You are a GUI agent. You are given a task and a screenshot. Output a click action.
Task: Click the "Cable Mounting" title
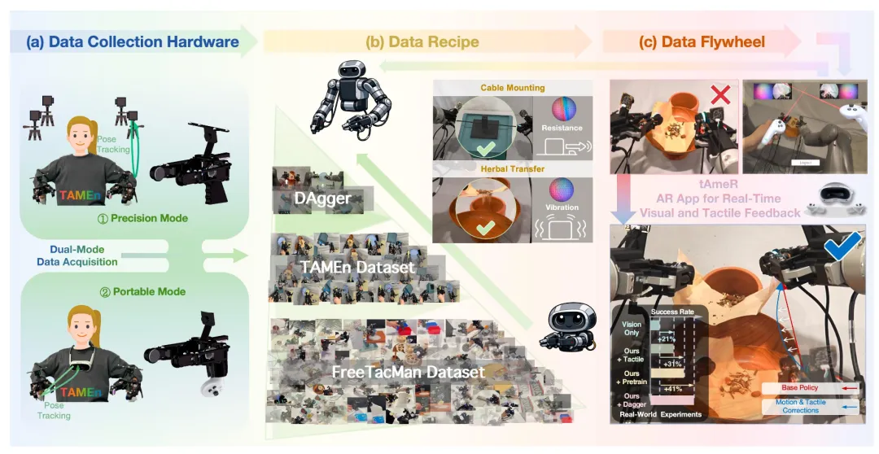(x=513, y=87)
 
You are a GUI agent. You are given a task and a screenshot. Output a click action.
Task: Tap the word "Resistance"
(x=562, y=128)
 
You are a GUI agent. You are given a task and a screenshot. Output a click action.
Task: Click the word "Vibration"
(x=562, y=207)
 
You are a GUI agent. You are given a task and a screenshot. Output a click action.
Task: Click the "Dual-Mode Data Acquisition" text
(x=77, y=255)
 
